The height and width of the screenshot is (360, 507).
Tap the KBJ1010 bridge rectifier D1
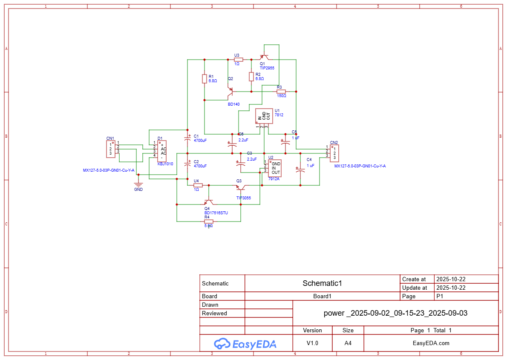(162, 151)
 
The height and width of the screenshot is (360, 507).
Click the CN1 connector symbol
(111, 149)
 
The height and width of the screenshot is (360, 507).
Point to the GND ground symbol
(138, 185)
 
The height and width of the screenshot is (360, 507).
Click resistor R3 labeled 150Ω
(281, 91)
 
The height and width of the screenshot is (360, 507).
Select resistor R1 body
(205, 78)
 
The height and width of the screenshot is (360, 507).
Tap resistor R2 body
(251, 76)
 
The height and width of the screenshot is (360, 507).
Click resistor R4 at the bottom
(208, 222)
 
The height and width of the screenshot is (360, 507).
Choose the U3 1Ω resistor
(239, 60)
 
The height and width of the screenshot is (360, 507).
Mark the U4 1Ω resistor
(198, 185)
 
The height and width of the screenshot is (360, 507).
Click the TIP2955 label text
(267, 68)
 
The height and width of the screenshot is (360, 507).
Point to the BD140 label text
(233, 104)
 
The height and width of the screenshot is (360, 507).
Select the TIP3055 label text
(244, 198)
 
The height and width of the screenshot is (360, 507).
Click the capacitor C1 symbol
(187, 138)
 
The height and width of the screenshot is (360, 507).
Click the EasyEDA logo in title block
(245, 343)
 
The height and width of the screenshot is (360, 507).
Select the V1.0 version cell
(312, 343)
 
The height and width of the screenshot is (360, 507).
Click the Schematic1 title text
(322, 283)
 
